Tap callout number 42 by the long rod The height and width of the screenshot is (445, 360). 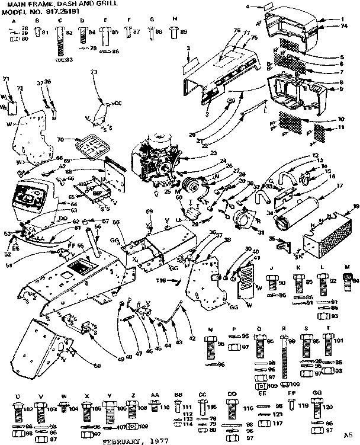point(191,339)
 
